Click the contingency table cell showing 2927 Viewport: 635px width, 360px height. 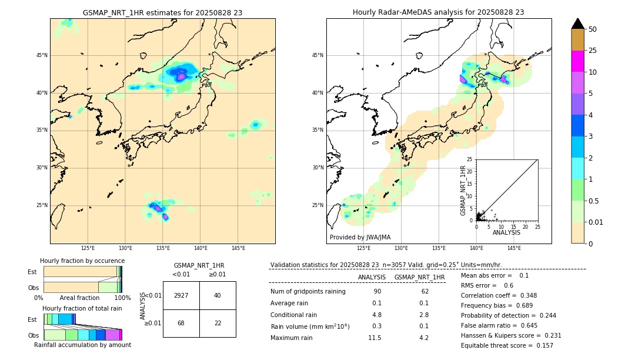point(181,295)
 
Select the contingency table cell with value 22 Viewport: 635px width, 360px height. point(218,323)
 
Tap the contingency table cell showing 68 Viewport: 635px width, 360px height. point(181,323)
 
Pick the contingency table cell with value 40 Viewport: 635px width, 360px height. point(218,295)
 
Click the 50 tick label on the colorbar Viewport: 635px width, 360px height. point(593,29)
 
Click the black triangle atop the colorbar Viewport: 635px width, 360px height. point(578,24)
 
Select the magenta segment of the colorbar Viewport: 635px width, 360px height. point(578,61)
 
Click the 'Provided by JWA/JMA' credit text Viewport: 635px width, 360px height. point(360,238)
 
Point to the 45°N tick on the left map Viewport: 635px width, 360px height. point(42,55)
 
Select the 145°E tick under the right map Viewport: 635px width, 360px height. point(514,248)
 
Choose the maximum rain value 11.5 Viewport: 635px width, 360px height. point(375,338)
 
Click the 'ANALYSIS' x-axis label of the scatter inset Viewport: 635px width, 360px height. point(506,232)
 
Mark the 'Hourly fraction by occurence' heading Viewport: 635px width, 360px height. point(82,261)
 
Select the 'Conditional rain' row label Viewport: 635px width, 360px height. point(293,315)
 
